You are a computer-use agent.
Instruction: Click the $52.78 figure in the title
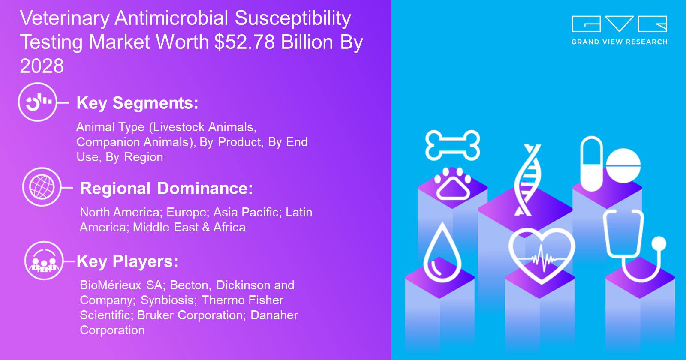click(244, 42)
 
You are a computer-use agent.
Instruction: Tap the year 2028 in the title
click(42, 66)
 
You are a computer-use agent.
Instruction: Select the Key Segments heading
click(138, 103)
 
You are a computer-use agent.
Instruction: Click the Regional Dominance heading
click(166, 188)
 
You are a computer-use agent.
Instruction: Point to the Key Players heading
click(127, 261)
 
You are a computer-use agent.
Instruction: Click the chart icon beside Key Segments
click(38, 102)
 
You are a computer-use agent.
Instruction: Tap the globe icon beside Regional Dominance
click(42, 187)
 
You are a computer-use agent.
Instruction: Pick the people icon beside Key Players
click(44, 261)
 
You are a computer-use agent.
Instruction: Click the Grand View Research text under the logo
click(619, 42)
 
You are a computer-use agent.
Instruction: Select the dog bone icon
click(453, 145)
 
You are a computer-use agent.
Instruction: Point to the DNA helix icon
click(527, 180)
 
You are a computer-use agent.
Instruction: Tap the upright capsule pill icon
click(592, 164)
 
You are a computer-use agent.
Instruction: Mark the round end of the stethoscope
click(659, 244)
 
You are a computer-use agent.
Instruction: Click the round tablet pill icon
click(623, 165)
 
